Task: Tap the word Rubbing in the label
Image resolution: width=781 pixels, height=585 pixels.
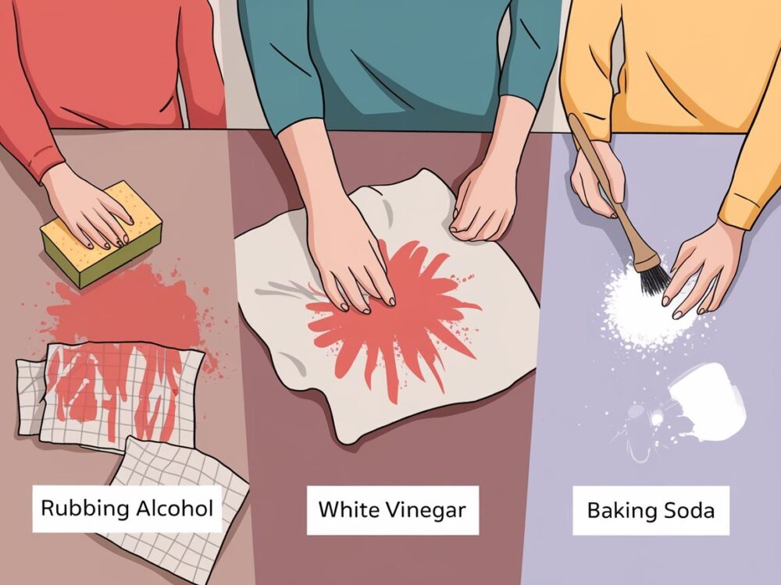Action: pyautogui.click(x=84, y=509)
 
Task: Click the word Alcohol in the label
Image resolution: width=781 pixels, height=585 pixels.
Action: pyautogui.click(x=175, y=508)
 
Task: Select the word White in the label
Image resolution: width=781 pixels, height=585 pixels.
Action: pyautogui.click(x=342, y=509)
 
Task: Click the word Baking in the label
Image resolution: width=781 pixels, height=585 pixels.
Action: pyautogui.click(x=622, y=511)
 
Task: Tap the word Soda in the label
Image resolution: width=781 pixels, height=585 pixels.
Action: pyautogui.click(x=690, y=510)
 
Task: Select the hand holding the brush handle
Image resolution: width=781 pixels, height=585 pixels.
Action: pyautogui.click(x=597, y=184)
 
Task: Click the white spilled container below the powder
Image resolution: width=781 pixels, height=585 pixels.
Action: pyautogui.click(x=708, y=403)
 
